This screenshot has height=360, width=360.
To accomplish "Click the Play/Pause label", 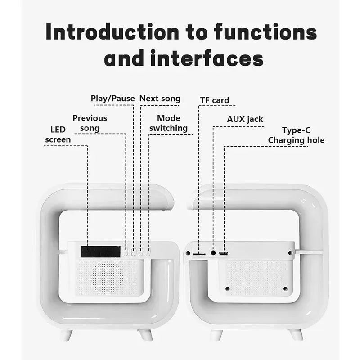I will [112, 99].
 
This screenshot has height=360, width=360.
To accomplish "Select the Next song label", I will [160, 99].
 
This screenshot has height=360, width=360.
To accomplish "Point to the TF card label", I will [214, 100].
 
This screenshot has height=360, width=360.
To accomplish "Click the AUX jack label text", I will [245, 119].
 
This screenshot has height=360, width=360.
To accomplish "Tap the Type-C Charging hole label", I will [296, 135].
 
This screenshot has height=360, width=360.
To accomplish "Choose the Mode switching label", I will [168, 123].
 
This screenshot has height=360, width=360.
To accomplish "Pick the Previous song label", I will [90, 123].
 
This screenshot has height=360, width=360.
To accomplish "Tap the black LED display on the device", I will [100, 252].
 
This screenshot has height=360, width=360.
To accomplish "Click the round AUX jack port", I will [213, 253].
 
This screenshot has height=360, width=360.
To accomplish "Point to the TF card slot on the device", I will [198, 254].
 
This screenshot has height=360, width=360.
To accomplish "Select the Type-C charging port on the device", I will [223, 254].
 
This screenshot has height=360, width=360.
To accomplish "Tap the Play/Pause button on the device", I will [133, 252].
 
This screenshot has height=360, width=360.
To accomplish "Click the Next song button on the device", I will [140, 252].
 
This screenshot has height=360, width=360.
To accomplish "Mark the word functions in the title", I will [265, 32].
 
